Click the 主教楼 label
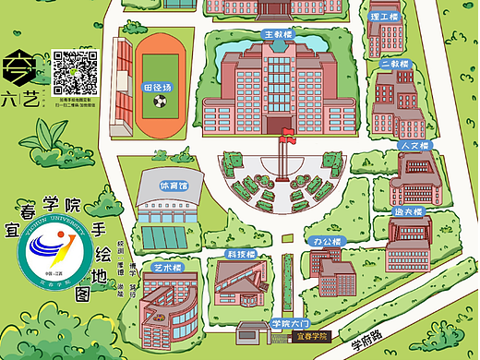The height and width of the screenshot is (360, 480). (x=278, y=34)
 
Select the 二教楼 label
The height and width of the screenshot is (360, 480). (x=394, y=65)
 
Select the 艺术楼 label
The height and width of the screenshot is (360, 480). (x=167, y=267)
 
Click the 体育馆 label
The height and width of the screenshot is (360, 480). (x=173, y=185)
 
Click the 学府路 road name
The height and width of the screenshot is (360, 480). (x=367, y=342)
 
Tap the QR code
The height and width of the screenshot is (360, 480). (x=76, y=73)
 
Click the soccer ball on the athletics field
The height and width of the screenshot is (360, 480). (x=160, y=102)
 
